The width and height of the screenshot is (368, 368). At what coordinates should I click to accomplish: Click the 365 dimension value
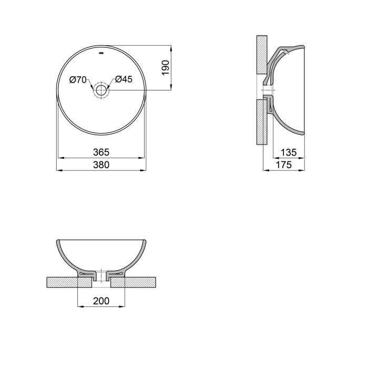101,152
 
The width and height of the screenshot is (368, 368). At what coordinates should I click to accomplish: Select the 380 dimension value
101,165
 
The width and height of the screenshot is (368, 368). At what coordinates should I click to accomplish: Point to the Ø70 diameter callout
78,80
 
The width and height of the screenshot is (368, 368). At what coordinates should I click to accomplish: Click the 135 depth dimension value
289,152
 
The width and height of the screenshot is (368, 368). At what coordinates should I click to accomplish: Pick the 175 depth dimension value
284,165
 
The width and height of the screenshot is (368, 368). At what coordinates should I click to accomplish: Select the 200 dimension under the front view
101,301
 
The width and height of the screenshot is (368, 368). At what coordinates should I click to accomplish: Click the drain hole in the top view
101,90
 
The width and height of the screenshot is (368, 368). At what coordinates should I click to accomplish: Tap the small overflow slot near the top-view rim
101,53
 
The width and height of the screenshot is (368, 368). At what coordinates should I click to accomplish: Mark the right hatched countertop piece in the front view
134,282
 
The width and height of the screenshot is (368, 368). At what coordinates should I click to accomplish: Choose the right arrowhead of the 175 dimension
304,170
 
